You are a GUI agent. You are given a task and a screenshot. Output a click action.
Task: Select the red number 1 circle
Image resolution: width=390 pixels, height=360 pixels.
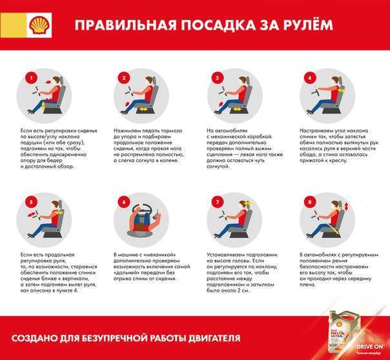pos(28,78)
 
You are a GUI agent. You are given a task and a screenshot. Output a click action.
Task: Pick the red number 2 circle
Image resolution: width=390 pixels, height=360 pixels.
pos(122,78)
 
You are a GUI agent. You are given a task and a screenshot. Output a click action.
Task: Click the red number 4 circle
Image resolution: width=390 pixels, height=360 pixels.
pos(310,78)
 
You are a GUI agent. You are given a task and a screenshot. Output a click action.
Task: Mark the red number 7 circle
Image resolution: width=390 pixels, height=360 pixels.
pos(218,203)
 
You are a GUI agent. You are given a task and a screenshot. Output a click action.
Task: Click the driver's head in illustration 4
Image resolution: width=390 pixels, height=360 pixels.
pos(338,80)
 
